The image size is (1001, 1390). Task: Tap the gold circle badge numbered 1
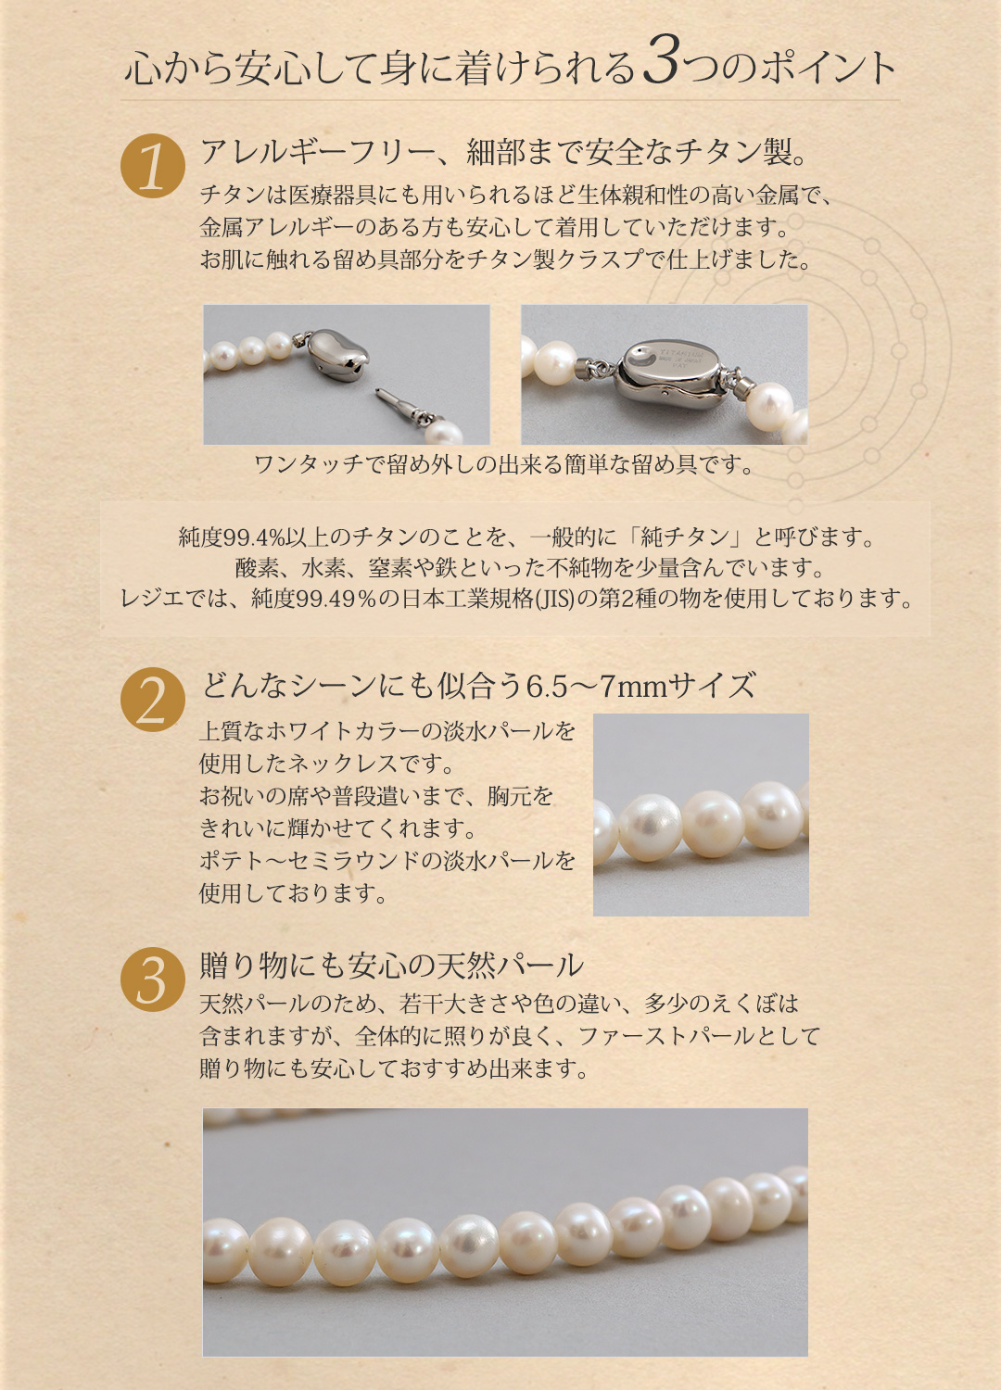point(152,167)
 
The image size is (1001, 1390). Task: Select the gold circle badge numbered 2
point(152,700)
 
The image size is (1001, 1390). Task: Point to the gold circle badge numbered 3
point(152,979)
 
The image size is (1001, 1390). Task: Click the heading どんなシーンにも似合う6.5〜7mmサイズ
point(478,686)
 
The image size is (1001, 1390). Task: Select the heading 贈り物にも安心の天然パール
point(391,966)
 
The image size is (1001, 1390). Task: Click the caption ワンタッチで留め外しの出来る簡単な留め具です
point(505,464)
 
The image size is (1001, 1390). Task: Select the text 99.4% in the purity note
point(254,537)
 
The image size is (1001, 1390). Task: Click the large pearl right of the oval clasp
point(769,401)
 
